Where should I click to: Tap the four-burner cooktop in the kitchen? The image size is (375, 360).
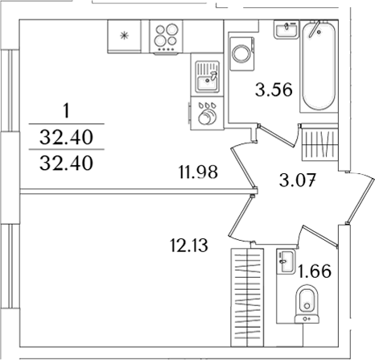(x=167, y=37)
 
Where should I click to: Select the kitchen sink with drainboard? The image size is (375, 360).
(x=207, y=77)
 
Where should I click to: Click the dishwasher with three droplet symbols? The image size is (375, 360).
(x=207, y=113)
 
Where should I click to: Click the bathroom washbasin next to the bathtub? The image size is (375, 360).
(x=284, y=30)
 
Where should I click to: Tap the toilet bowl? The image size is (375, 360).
(x=307, y=307)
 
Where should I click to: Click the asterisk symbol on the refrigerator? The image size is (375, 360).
(x=124, y=35)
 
